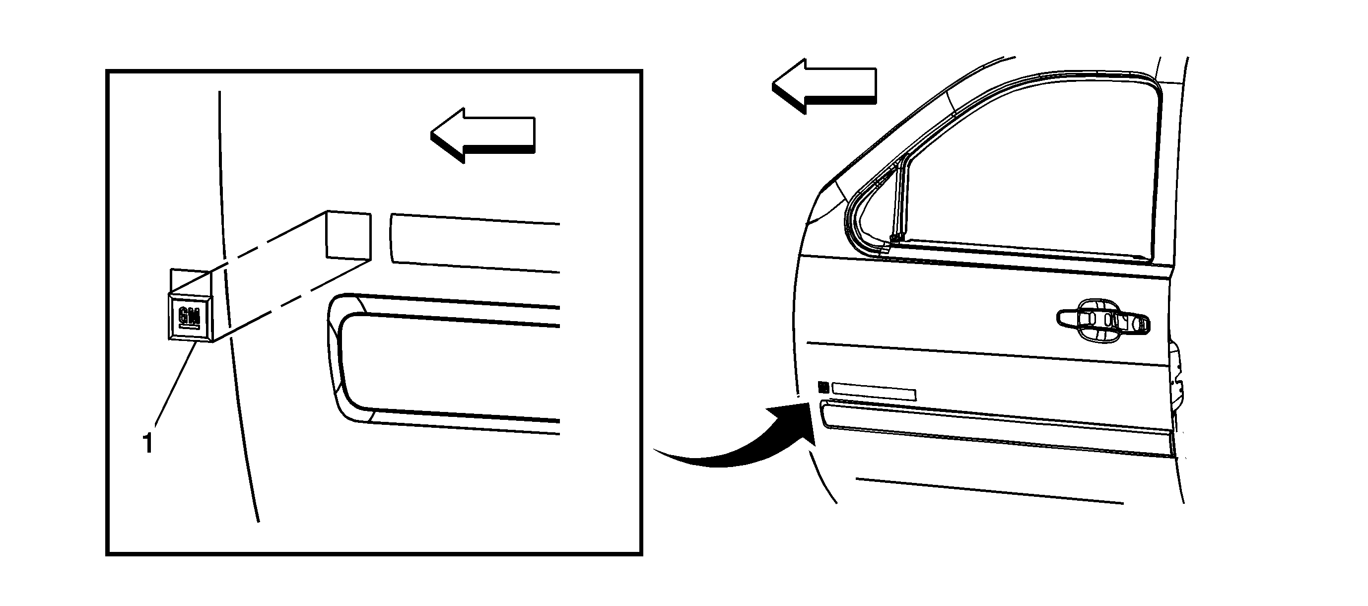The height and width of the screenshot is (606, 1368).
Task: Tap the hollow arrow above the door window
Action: [x=823, y=85]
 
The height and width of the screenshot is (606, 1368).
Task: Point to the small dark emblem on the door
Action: [x=823, y=387]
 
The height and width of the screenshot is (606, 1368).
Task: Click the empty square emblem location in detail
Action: [x=348, y=236]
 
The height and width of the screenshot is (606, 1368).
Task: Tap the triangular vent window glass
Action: [x=871, y=212]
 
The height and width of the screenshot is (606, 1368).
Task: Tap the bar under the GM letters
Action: [x=191, y=328]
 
